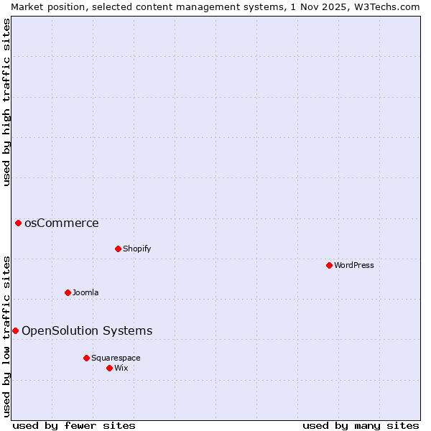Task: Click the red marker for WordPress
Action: coord(329,265)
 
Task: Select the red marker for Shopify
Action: coord(118,249)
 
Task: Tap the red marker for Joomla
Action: coord(68,292)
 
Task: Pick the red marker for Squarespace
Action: coord(86,358)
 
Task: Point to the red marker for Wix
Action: coord(109,368)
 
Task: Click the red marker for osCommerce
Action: coord(18,223)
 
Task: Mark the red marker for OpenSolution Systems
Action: coord(15,330)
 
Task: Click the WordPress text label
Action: coord(354,265)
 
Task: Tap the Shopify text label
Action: coord(136,249)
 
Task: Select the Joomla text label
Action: coord(85,292)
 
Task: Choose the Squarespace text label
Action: coord(116,358)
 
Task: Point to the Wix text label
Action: coord(121,368)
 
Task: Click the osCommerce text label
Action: coord(62,223)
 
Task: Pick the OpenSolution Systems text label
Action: coord(87,330)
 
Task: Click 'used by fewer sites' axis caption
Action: coord(74,425)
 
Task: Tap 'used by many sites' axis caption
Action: coord(361,425)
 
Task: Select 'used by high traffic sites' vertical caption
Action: coord(6,102)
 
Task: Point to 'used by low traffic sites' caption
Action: coord(6,335)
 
